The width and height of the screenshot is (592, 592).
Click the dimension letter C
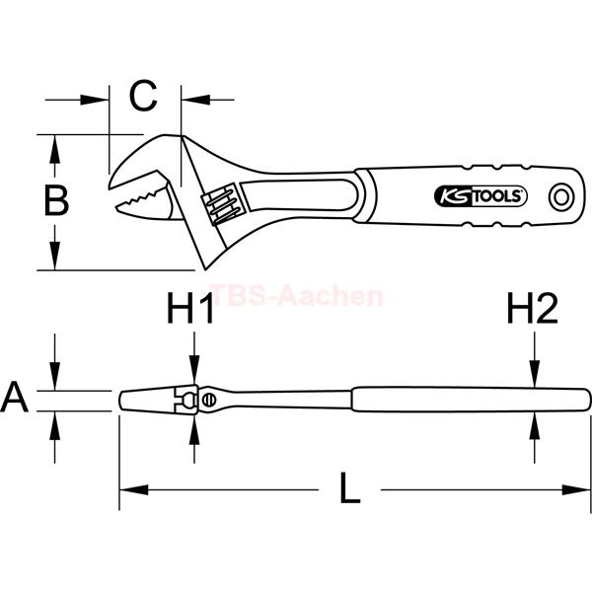[x=143, y=96]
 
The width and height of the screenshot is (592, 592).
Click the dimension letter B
[x=56, y=200]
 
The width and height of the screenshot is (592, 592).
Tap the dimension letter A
[x=14, y=397]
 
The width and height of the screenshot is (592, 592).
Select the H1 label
[x=190, y=309]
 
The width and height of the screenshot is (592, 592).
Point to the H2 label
[x=533, y=309]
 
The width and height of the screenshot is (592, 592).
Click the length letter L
[x=349, y=487]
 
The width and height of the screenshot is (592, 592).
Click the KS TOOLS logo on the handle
[x=481, y=196]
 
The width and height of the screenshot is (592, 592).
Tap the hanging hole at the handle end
[x=561, y=197]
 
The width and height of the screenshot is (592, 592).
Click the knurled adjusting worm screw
[x=220, y=204]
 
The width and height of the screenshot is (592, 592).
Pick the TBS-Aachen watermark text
[x=296, y=296]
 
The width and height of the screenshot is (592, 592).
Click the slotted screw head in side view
[x=207, y=400]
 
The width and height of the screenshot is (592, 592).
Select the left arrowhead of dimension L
[x=133, y=490]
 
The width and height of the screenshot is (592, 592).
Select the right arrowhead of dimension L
[x=576, y=490]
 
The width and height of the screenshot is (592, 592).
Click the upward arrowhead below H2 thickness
[x=535, y=425]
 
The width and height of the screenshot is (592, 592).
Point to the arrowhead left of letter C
[x=95, y=100]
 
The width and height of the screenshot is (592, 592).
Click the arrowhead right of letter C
[x=195, y=100]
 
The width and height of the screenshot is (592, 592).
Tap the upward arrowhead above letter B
[x=55, y=149]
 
